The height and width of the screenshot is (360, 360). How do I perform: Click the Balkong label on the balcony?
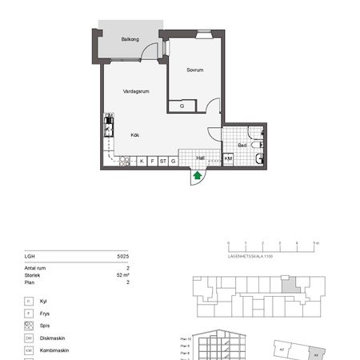[x=130, y=38]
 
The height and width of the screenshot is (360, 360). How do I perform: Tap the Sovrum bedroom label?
[x=195, y=70]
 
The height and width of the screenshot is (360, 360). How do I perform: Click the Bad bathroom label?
[x=242, y=145]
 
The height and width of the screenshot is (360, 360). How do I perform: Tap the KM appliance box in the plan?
[x=228, y=159]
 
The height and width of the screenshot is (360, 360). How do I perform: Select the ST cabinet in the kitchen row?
[x=162, y=161]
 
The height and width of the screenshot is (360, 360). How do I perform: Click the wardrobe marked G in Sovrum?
[x=182, y=106]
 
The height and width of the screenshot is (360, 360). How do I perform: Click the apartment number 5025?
[x=122, y=257]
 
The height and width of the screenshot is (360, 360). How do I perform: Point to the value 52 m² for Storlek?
[x=122, y=274]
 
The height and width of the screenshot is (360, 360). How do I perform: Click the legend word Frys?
[x=44, y=314]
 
